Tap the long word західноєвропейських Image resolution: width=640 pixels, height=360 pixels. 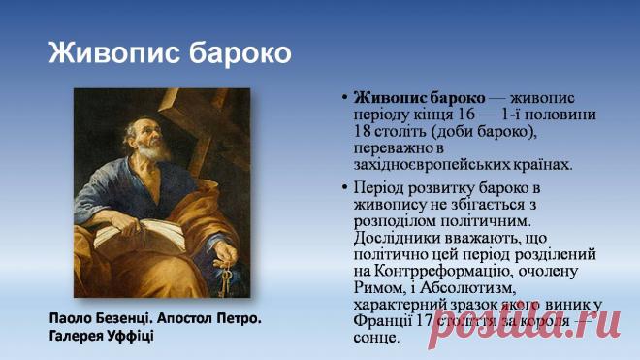[x=434, y=164]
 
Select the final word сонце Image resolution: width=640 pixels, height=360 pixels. [x=376, y=338]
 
